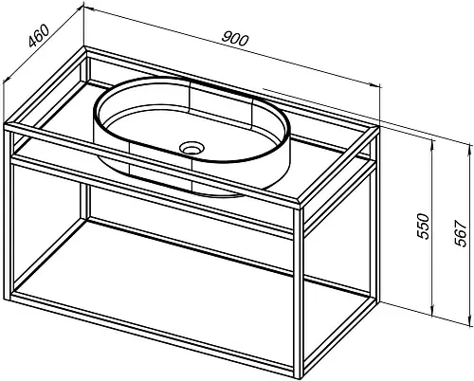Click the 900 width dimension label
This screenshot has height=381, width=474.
click(235, 39)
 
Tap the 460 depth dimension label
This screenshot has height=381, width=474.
click(39, 35)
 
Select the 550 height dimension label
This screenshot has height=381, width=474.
click(423, 226)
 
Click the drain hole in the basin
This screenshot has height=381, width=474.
click(191, 148)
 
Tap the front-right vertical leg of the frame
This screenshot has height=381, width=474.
click(299, 292)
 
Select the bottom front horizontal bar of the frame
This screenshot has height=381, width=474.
click(153, 334)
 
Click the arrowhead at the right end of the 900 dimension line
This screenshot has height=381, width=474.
click(375, 84)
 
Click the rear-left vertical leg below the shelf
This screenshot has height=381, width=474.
click(84, 201)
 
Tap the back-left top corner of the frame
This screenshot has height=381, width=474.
click(84, 47)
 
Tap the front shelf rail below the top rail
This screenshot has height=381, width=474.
click(153, 196)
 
